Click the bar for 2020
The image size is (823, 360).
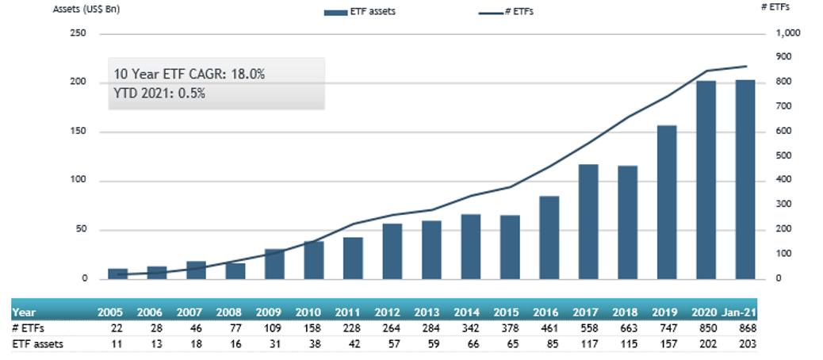point(706,180)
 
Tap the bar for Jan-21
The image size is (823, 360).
point(745,180)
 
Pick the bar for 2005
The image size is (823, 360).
point(117,274)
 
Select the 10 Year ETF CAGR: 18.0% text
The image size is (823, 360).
point(189,74)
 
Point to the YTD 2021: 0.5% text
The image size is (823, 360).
point(160,93)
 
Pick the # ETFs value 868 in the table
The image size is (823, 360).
point(745,328)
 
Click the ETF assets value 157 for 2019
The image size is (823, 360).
point(666,343)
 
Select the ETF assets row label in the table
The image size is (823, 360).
point(37,343)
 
